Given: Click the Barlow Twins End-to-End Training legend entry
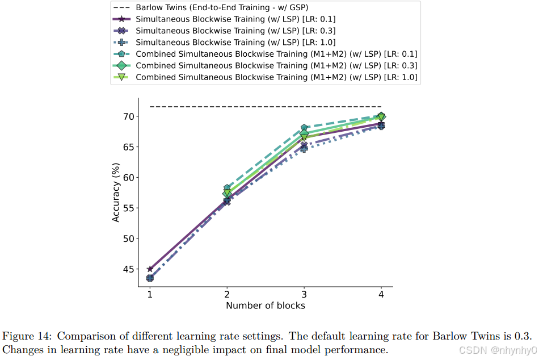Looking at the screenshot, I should (222, 8).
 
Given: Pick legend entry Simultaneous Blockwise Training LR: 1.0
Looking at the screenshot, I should (235, 42).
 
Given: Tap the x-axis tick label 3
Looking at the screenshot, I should (304, 295).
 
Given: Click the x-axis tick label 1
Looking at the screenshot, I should (150, 295).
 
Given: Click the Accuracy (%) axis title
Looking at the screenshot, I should (116, 192).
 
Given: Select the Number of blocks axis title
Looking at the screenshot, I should (266, 306).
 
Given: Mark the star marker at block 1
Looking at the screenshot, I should (150, 269).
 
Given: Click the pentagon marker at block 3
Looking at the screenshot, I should (304, 128).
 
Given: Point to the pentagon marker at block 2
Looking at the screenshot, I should (227, 188).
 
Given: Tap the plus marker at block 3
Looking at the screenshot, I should (304, 149).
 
